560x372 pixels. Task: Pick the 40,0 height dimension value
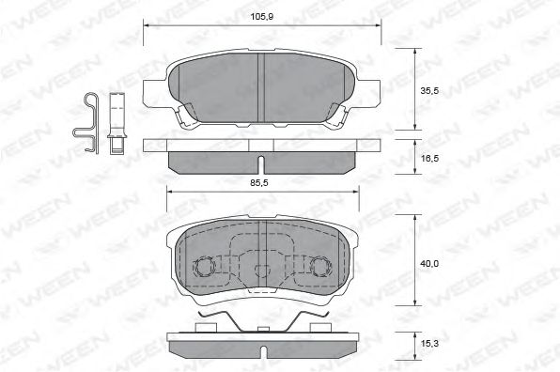point(429,265)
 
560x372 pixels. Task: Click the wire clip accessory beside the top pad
point(88,123)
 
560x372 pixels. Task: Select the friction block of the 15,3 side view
point(261,345)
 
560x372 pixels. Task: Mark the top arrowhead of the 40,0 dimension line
point(417,217)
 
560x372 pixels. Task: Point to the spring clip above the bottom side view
point(261,319)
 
